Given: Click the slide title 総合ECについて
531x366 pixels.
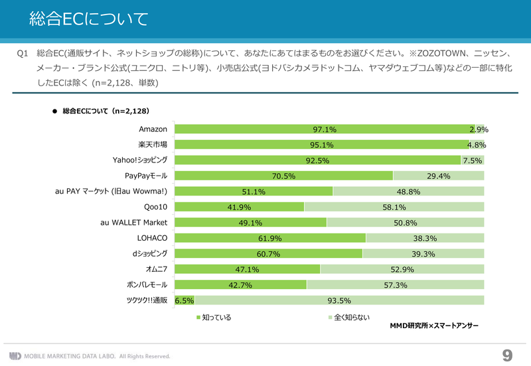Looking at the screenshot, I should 89,19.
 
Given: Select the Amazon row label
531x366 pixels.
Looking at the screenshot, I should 153,129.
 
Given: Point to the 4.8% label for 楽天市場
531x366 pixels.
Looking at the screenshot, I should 477,145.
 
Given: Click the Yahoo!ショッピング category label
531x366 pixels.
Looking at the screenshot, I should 140,160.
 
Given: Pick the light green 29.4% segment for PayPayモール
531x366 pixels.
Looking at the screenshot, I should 439,176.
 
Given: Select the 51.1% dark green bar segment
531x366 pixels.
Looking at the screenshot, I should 254,192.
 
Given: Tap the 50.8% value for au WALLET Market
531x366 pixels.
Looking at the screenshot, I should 405,223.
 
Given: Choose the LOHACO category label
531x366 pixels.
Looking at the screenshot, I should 151,237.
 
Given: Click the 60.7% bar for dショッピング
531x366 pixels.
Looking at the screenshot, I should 268,254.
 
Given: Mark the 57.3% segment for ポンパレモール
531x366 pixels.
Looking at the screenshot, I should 396,285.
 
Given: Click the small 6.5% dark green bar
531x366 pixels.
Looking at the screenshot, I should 184,301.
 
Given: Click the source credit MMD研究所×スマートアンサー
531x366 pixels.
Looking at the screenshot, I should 433,327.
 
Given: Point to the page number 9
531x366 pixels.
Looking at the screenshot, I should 508,355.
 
